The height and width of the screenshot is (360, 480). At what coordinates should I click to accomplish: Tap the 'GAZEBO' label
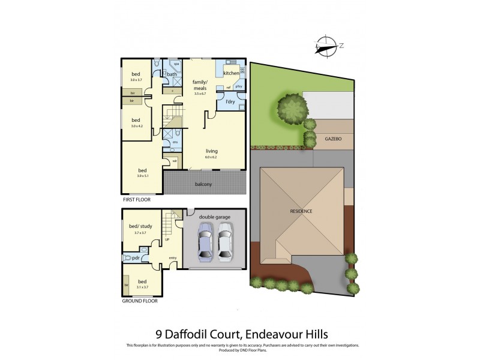coord(333,139)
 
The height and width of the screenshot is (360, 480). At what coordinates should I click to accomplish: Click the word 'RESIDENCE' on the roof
coord(301,212)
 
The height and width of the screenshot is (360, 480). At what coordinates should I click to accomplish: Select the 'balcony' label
coord(203,184)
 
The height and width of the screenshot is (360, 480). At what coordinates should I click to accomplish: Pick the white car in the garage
coord(225,242)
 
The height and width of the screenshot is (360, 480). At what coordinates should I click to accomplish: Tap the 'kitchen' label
coord(231,73)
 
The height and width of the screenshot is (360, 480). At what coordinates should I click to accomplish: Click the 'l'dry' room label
coord(230,101)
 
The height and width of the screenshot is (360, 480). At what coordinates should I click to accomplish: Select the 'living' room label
coord(212,151)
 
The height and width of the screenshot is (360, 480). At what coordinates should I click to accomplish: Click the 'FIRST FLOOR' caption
coord(137,197)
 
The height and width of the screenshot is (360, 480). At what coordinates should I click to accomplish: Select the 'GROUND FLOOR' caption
coord(140,301)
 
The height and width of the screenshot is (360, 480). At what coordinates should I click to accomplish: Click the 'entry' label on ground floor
coord(173,258)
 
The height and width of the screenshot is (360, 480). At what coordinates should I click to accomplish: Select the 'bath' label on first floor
coord(172,74)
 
